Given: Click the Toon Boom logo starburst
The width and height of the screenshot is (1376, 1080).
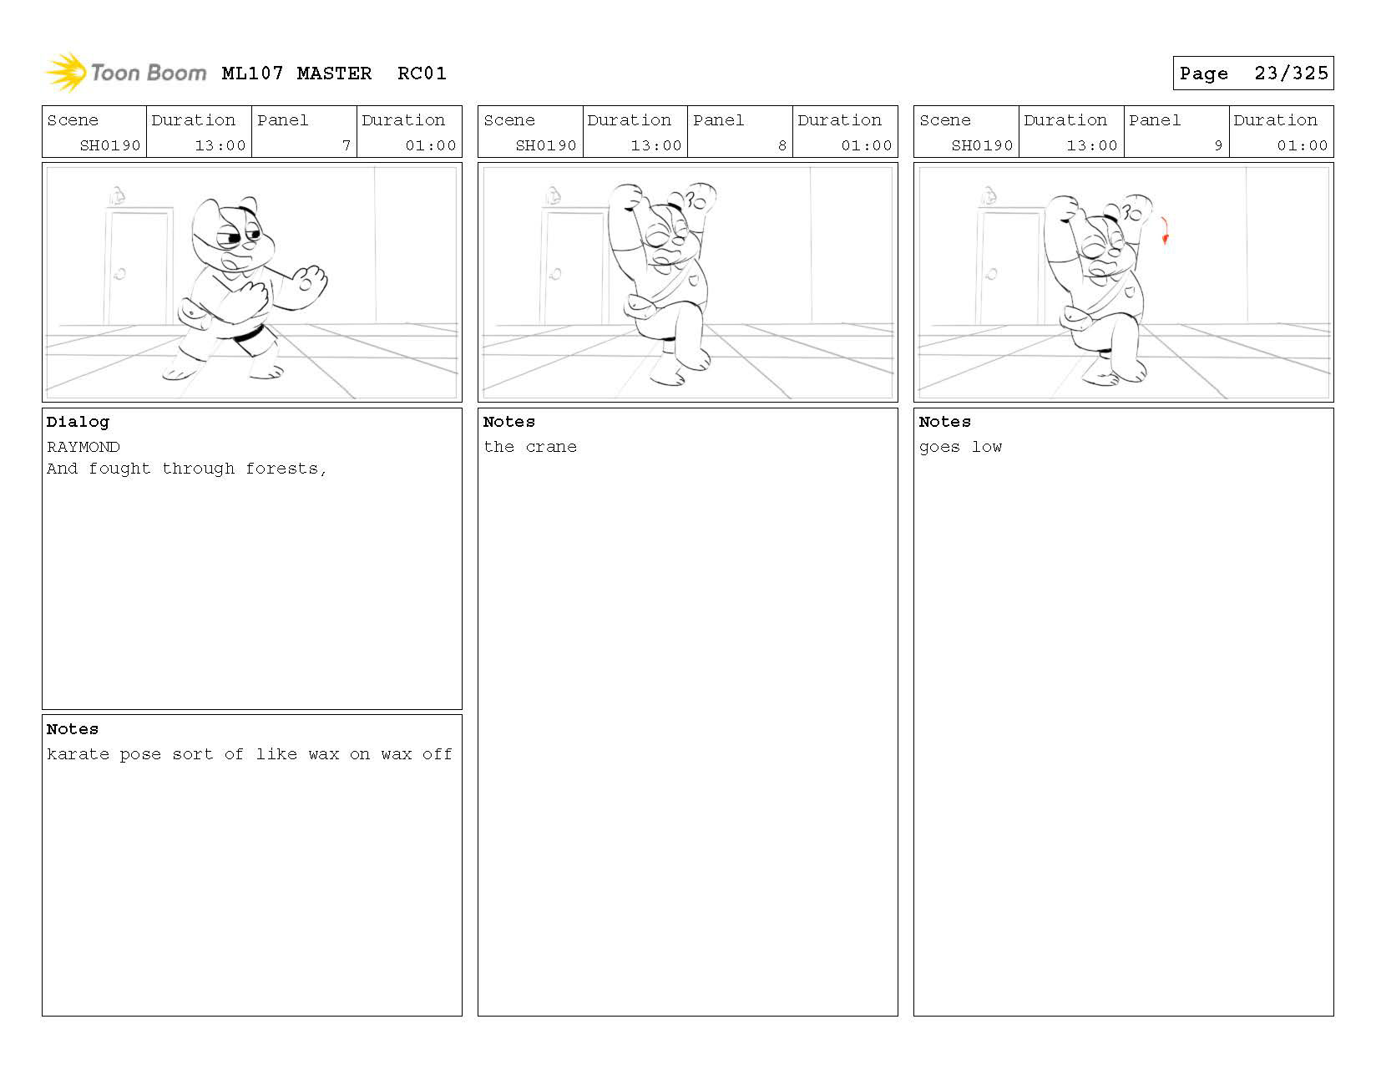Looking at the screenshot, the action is click(66, 72).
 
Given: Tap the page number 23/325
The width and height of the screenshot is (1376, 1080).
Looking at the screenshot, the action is click(1291, 74).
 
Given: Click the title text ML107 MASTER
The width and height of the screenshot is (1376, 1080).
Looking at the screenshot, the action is click(296, 74).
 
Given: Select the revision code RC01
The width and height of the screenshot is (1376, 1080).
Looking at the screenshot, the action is click(422, 74).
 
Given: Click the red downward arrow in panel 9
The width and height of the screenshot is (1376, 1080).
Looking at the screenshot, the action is click(1164, 231).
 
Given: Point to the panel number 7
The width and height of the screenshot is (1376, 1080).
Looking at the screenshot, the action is click(347, 145).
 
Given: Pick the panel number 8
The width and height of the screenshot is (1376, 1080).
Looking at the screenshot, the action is click(782, 145).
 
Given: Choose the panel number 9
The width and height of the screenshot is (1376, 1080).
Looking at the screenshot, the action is click(1217, 145).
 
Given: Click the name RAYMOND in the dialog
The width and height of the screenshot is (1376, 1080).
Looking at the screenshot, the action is click(83, 447).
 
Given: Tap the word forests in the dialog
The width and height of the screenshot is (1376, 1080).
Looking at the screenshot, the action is click(286, 469).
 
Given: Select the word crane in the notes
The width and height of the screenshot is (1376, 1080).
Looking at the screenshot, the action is click(551, 447).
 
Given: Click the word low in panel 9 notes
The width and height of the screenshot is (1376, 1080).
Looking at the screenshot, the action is click(987, 447).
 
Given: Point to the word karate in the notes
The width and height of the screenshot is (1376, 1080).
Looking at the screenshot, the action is click(78, 753).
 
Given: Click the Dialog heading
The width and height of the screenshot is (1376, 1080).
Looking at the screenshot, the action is click(78, 422).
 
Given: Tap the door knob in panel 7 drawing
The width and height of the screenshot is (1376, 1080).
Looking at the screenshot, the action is click(119, 274).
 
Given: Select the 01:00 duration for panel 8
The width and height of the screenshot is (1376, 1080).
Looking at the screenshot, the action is click(866, 145).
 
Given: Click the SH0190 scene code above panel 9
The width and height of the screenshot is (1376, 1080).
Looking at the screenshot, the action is click(982, 145).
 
